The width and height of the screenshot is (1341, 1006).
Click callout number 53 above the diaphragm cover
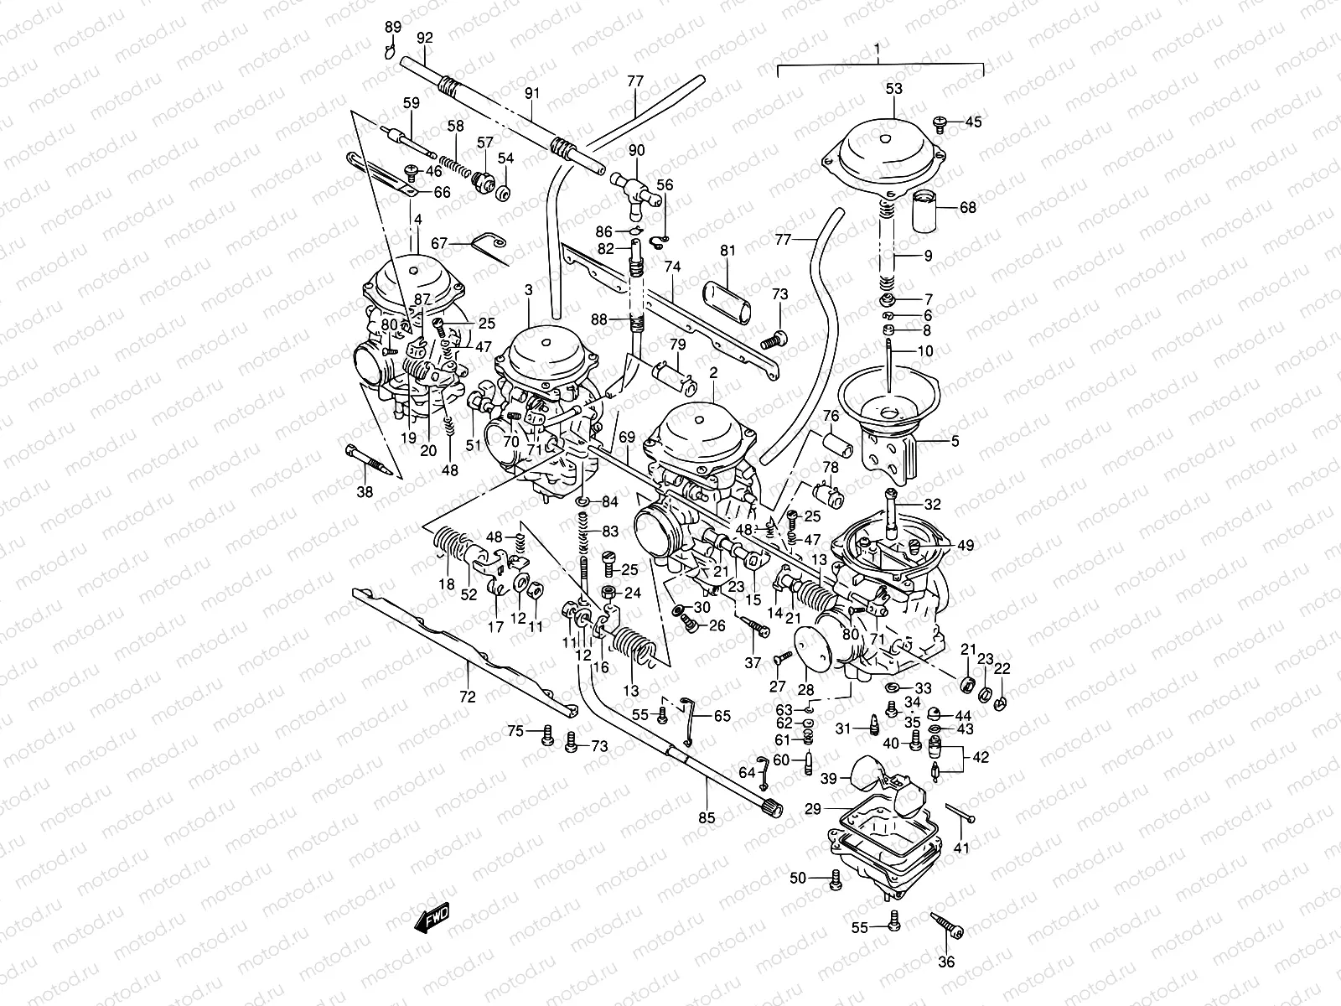click(894, 88)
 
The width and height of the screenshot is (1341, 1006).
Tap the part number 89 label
click(393, 28)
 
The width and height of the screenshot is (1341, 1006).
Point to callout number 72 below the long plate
click(468, 697)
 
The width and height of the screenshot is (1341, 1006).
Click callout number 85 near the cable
click(707, 817)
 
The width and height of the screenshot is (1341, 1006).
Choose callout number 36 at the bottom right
click(946, 962)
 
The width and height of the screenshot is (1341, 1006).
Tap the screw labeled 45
click(941, 124)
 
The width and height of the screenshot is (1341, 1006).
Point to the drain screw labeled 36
click(947, 926)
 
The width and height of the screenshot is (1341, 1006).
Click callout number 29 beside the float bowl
click(812, 809)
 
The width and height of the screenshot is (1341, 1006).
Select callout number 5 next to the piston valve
click(954, 441)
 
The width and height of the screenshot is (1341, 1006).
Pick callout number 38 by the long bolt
click(364, 493)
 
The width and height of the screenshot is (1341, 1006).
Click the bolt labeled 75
click(548, 734)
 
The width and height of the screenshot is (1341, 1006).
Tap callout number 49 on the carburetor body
click(965, 546)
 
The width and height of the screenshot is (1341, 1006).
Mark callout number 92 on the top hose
click(425, 37)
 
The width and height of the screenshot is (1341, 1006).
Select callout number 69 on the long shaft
click(628, 438)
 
